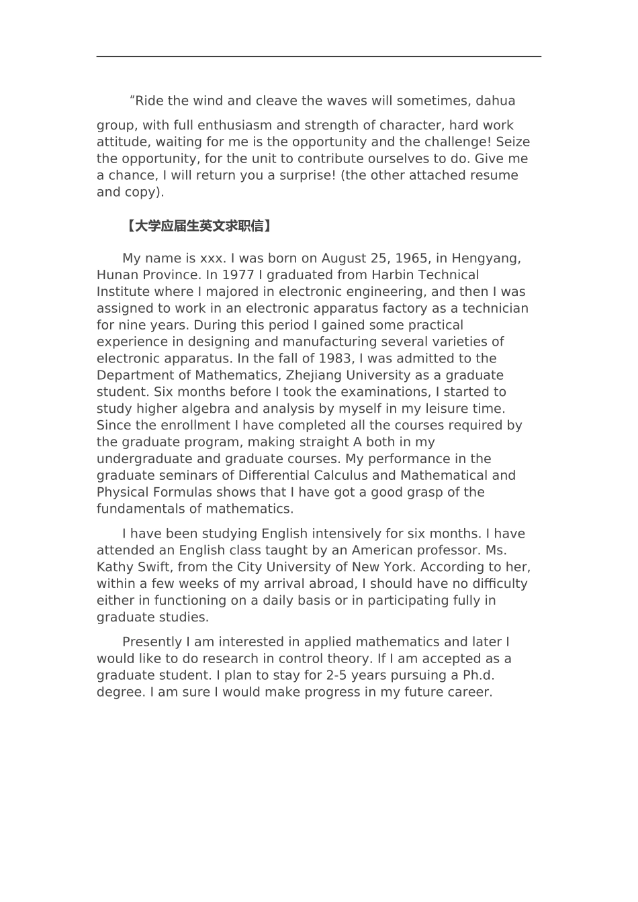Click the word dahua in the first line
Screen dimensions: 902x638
[496, 101]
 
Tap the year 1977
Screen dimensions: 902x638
[238, 275]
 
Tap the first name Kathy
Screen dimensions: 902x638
[115, 567]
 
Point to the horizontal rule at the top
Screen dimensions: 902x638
[318, 57]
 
